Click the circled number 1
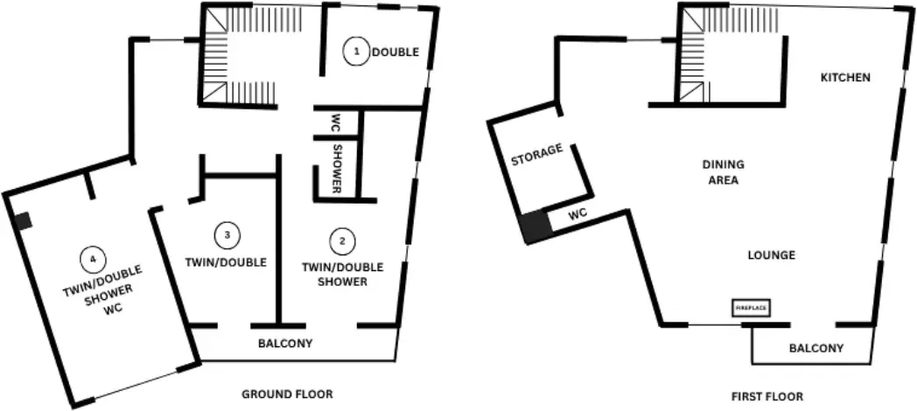[x=355, y=52]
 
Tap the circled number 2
[x=343, y=240]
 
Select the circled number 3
[x=227, y=235]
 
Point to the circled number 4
[x=93, y=260]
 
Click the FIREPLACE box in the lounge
[x=751, y=308]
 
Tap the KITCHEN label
[x=845, y=77]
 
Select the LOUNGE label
[x=772, y=254]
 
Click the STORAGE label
[x=537, y=155]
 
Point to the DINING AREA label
[x=724, y=172]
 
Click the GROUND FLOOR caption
[x=287, y=394]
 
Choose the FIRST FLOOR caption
[x=767, y=396]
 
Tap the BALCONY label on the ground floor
[x=285, y=343]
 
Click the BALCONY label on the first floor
[x=816, y=348]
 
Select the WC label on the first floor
[x=577, y=214]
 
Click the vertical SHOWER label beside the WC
[x=338, y=169]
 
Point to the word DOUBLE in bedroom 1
[x=395, y=52]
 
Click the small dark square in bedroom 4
[x=23, y=221]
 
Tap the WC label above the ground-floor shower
[x=336, y=122]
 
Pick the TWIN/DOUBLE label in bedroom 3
[x=226, y=262]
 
